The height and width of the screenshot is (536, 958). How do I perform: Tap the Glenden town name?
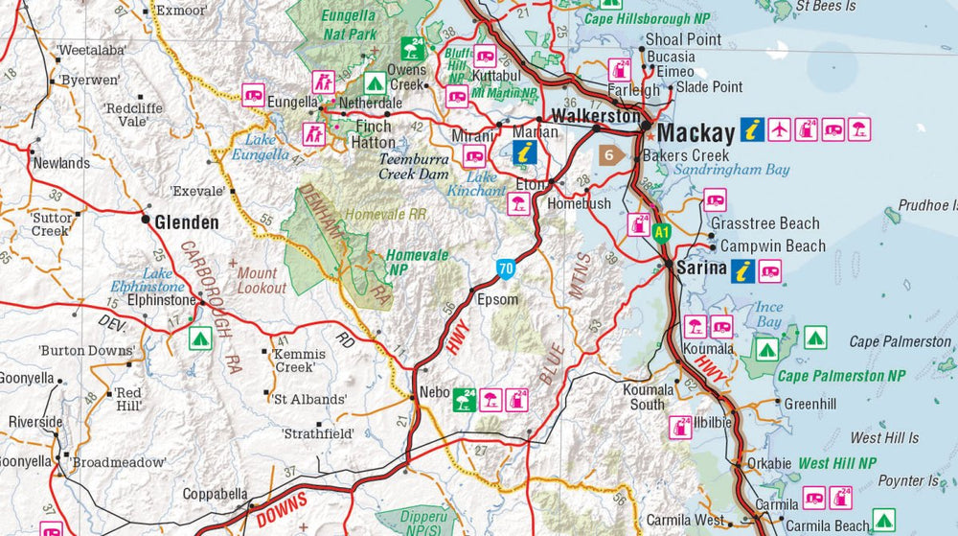coord(187,222)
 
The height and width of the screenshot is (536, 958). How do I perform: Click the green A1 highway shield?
coord(661,231)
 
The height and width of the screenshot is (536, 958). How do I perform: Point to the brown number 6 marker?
coord(609,154)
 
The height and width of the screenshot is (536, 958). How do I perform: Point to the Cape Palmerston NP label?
coord(840,376)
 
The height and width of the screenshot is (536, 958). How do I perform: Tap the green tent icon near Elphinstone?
coord(199,338)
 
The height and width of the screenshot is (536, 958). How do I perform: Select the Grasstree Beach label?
coord(764,223)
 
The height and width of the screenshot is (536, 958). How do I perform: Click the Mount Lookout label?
coord(262,280)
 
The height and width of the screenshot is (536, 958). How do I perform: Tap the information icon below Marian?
coord(524,151)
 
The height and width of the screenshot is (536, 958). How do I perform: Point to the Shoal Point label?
coord(683,39)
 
